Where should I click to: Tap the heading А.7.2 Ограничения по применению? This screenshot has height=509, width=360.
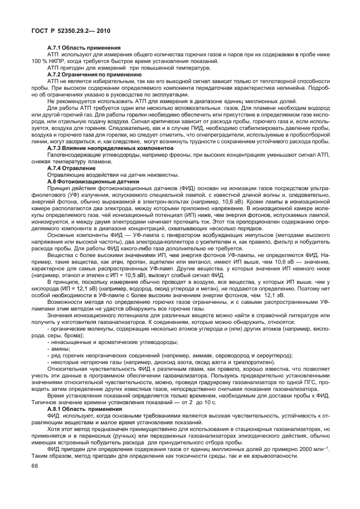click(x=86, y=74)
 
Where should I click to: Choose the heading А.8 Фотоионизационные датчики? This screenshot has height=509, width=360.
click(x=89, y=181)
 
